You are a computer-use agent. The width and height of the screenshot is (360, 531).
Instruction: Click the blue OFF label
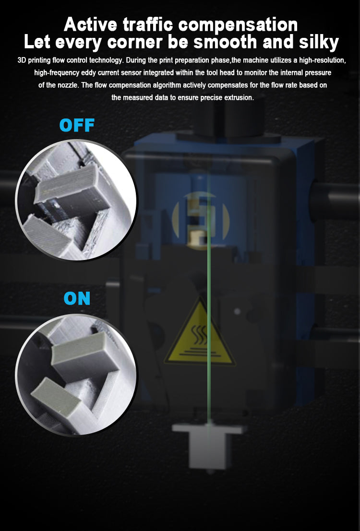tap(77, 125)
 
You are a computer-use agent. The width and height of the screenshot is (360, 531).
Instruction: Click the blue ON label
tap(77, 298)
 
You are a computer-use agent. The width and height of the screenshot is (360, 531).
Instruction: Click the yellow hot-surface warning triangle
tap(200, 332)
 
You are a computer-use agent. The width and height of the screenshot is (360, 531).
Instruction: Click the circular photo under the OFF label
tap(76, 201)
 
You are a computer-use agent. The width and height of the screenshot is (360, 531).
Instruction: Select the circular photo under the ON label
tap(76, 374)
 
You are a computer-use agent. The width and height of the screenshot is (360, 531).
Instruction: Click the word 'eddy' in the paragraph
tap(88, 73)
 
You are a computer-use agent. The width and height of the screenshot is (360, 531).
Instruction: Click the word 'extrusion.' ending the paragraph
tap(239, 97)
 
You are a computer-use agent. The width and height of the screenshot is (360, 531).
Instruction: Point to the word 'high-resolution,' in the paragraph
tap(322, 60)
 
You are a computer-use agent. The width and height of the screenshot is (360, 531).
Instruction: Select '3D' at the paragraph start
tap(22, 60)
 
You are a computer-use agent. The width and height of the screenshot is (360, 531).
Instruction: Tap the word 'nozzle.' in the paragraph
tap(69, 85)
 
